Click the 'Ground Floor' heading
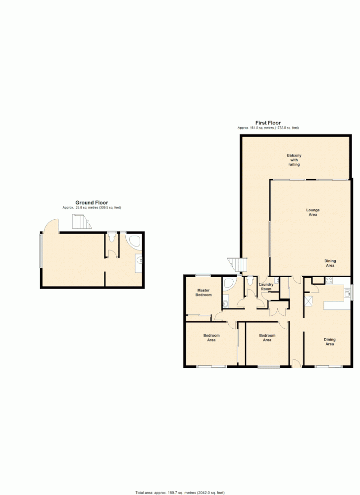click(x=92, y=202)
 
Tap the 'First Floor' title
click(x=268, y=123)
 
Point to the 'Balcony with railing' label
click(x=294, y=160)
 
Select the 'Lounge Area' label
click(x=312, y=212)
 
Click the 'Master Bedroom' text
click(x=204, y=293)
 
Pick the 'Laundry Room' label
click(x=266, y=287)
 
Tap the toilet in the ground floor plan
click(x=113, y=238)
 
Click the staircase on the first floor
click(x=236, y=264)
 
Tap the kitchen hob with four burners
click(x=329, y=280)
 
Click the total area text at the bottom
click(x=180, y=493)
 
